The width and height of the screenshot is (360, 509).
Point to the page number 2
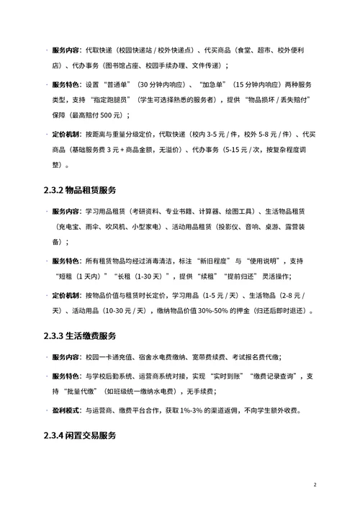pos(315,485)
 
